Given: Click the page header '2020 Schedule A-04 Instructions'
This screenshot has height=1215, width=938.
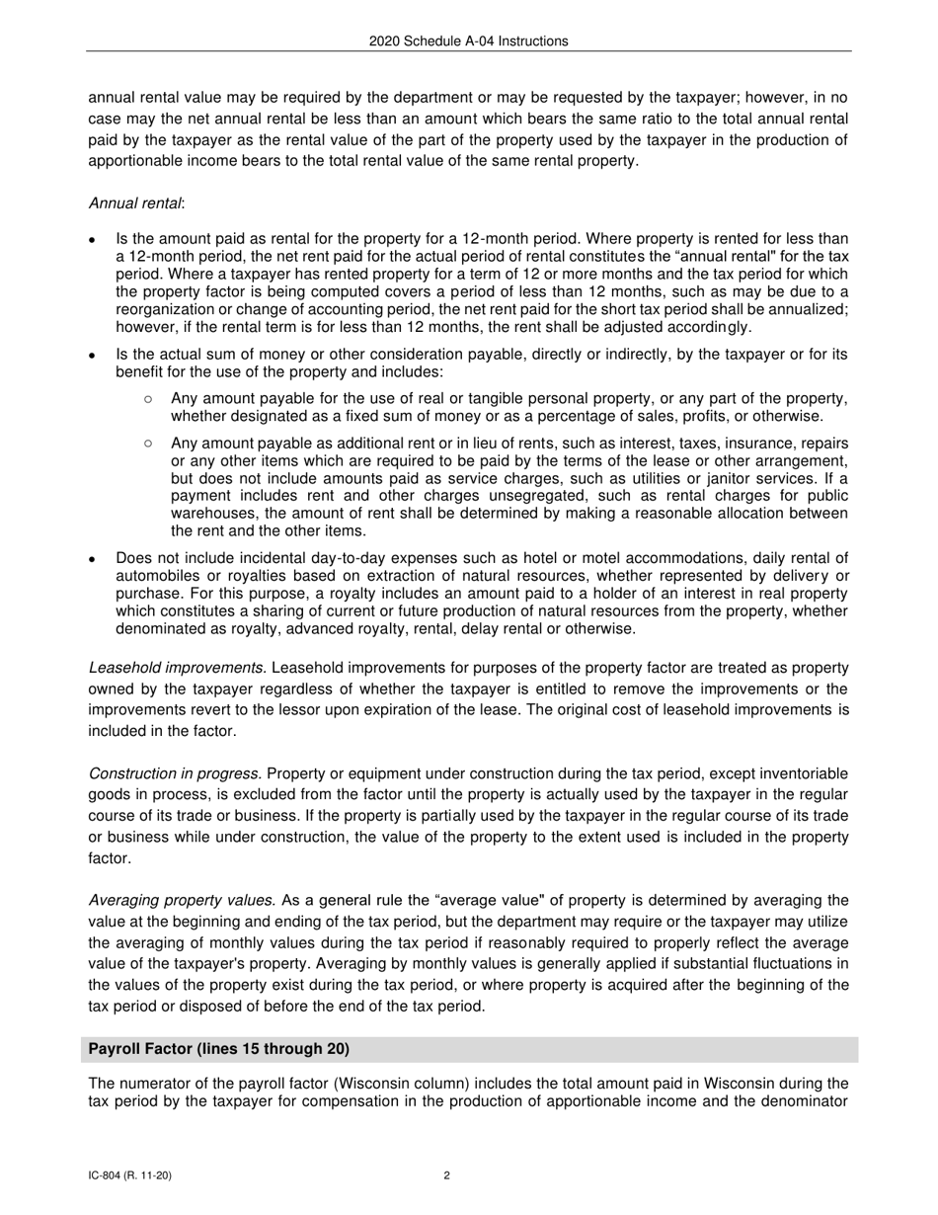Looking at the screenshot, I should (469, 41).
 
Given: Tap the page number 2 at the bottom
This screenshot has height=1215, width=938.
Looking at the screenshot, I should (447, 1175).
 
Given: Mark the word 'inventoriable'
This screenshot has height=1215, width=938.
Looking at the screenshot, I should (806, 773).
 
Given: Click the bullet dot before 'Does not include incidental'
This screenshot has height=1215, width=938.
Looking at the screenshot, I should (92, 559).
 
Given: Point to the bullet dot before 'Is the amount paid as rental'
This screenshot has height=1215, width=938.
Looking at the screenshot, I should (92, 240).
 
